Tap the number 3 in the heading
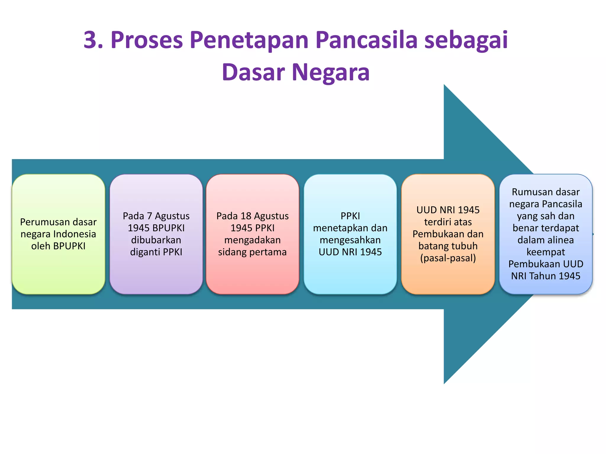pos(90,40)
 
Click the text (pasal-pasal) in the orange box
pos(448,258)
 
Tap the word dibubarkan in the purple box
pos(156,240)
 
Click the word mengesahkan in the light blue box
pos(350,240)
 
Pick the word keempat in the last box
pos(546,252)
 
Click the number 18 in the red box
pos(246,216)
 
